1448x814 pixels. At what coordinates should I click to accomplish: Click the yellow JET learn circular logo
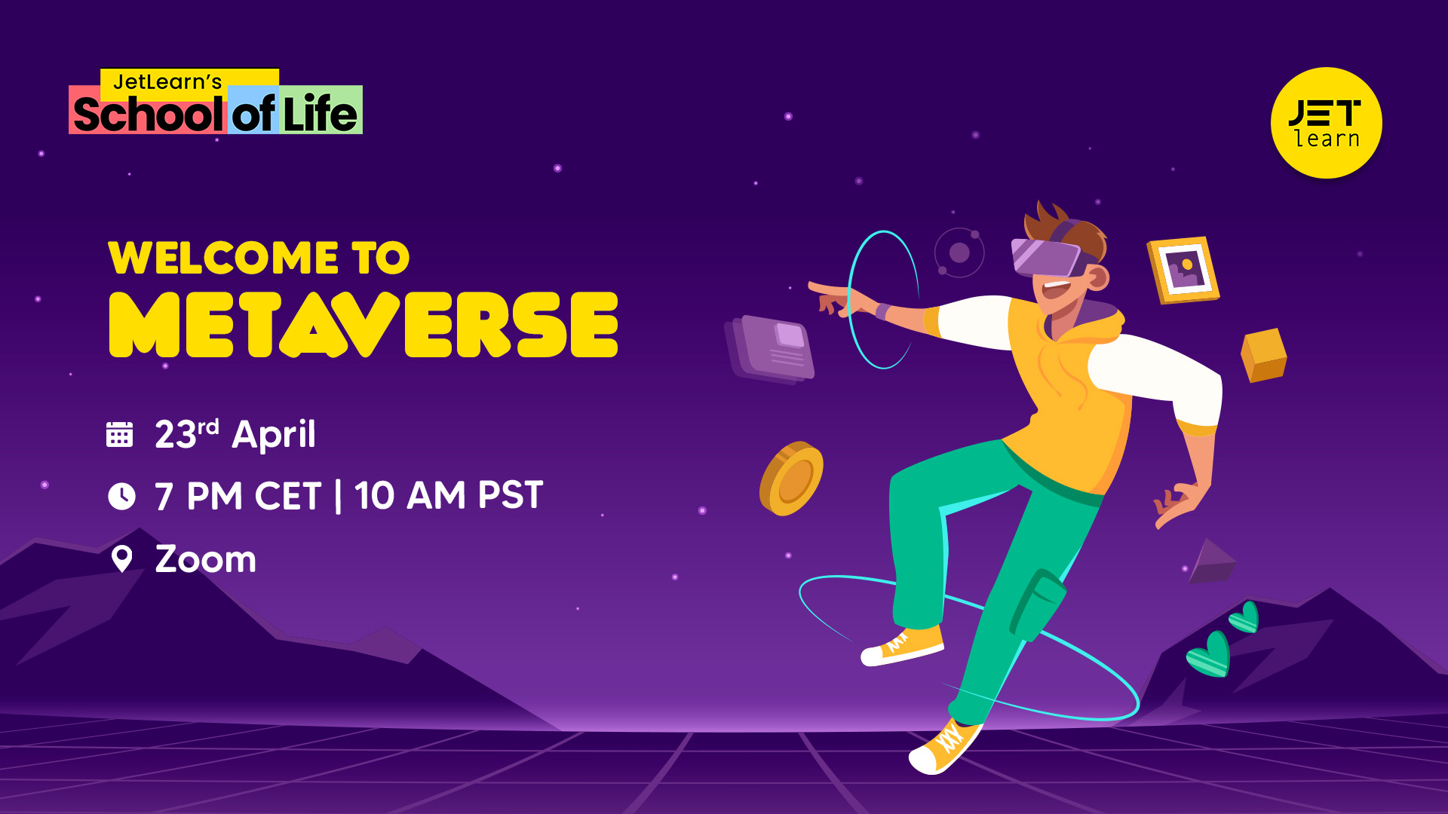(x=1326, y=123)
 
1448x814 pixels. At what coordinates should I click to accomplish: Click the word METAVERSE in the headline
(x=364, y=325)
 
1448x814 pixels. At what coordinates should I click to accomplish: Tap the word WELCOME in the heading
(x=223, y=258)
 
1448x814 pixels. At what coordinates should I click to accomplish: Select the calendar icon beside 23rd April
(x=119, y=434)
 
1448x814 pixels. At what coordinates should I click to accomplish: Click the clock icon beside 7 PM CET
(x=121, y=496)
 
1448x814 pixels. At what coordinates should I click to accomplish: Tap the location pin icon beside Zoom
(x=121, y=558)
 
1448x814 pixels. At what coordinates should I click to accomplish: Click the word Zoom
(x=205, y=559)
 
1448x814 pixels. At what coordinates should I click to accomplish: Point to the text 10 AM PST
(x=449, y=495)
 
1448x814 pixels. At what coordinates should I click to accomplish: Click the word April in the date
(x=274, y=435)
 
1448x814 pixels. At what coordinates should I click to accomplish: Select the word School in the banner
(x=148, y=114)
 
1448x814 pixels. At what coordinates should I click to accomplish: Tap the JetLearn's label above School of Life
(x=167, y=81)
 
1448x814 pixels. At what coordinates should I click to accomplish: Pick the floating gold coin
(x=791, y=479)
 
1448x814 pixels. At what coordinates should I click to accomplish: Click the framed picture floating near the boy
(x=1183, y=270)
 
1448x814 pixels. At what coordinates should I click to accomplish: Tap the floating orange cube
(x=1263, y=355)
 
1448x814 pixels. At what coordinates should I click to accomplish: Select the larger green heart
(x=1210, y=654)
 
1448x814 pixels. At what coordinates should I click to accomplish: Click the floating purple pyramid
(x=1212, y=562)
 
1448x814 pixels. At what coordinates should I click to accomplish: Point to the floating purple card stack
(x=770, y=349)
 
